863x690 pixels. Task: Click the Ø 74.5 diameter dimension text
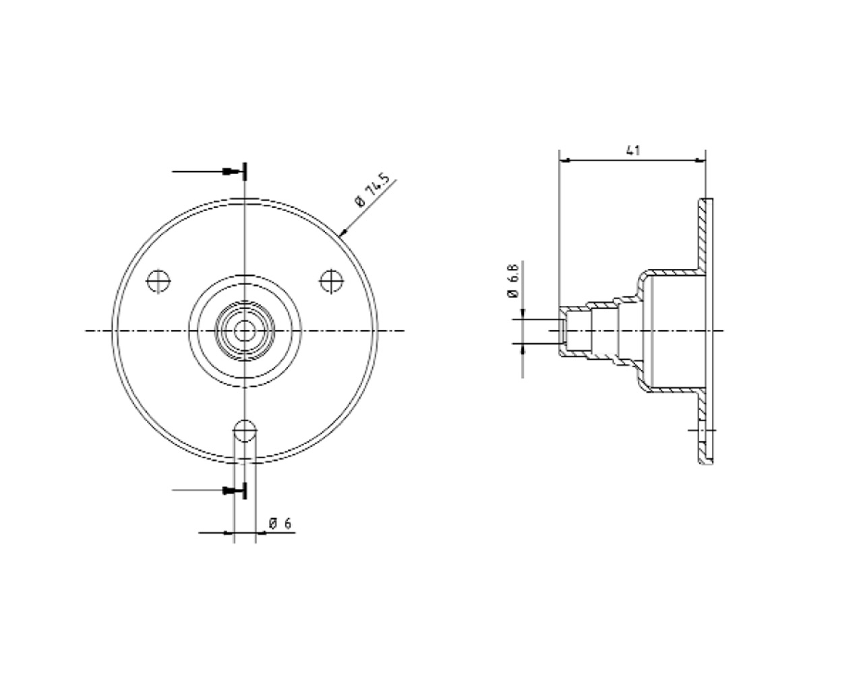(x=371, y=191)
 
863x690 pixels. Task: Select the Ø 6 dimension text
(x=280, y=523)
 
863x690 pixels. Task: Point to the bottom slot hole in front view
(x=244, y=429)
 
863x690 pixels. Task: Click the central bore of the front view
(x=244, y=330)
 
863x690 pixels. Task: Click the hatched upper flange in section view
(x=705, y=236)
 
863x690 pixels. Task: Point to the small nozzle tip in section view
(x=562, y=331)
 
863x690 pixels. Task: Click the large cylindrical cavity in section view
(x=674, y=330)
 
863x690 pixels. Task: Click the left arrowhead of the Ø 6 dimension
(x=229, y=533)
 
